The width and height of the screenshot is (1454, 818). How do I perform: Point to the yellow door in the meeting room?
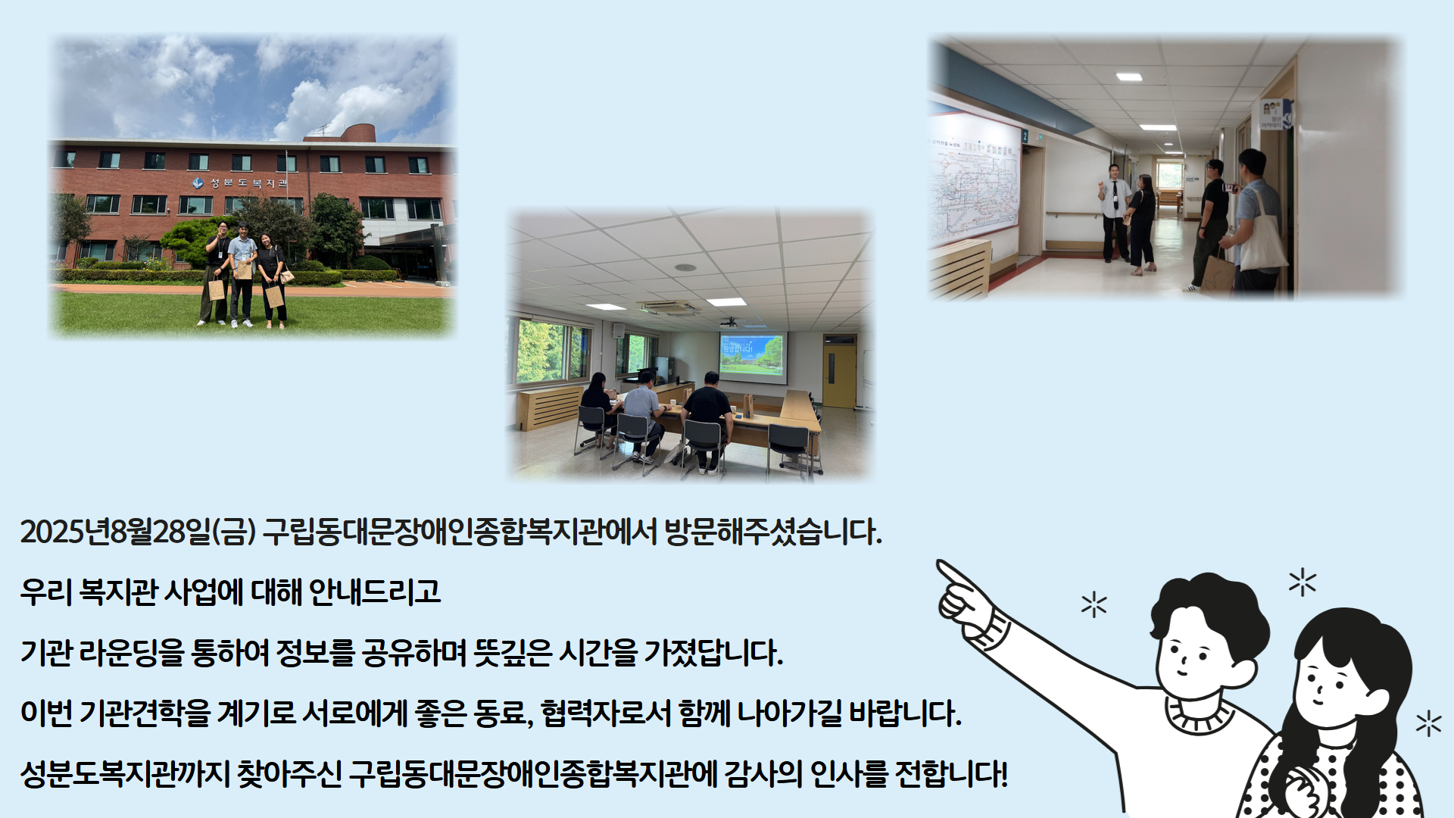839,376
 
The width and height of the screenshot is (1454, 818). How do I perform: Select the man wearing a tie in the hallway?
1114,213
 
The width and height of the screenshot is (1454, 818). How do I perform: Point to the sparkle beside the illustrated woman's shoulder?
1428,723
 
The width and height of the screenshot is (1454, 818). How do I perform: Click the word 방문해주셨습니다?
773,532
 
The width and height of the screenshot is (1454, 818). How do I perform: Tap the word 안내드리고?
375,592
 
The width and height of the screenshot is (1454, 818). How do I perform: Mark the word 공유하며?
413,652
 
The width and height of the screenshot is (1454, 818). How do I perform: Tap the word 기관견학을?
145,713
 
